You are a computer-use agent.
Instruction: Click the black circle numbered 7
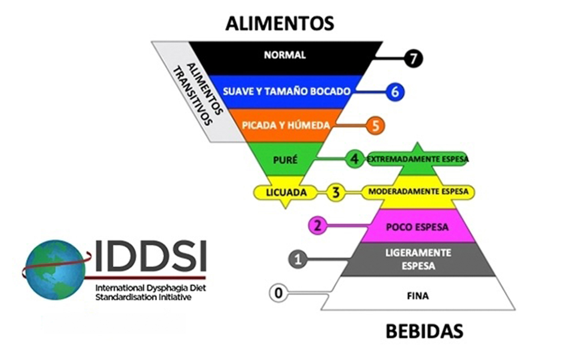point(413,59)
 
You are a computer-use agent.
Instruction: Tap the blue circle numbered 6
point(395,92)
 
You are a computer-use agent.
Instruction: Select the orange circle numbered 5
point(376,126)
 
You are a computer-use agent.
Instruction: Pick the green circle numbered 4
point(354,159)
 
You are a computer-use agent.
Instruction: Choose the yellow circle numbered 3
point(336,192)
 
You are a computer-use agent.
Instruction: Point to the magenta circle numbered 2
point(318,226)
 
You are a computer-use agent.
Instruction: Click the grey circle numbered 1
point(298,259)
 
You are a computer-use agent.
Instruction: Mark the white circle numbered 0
point(278,293)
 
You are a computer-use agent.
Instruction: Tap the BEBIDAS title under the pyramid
point(424,332)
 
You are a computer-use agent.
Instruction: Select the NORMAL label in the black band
point(285,55)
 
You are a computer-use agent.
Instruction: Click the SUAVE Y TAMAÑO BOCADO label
point(287,91)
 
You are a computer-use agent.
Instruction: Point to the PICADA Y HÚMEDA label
point(286,125)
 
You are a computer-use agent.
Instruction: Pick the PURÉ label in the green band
point(285,160)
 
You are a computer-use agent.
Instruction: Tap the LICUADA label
point(286,193)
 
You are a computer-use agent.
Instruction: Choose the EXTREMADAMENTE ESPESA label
point(417,159)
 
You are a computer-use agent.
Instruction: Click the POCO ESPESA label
point(417,227)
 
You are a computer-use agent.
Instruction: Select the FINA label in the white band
point(418,296)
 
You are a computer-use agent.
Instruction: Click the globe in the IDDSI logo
point(55,270)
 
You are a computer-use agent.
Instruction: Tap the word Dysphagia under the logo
point(165,288)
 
